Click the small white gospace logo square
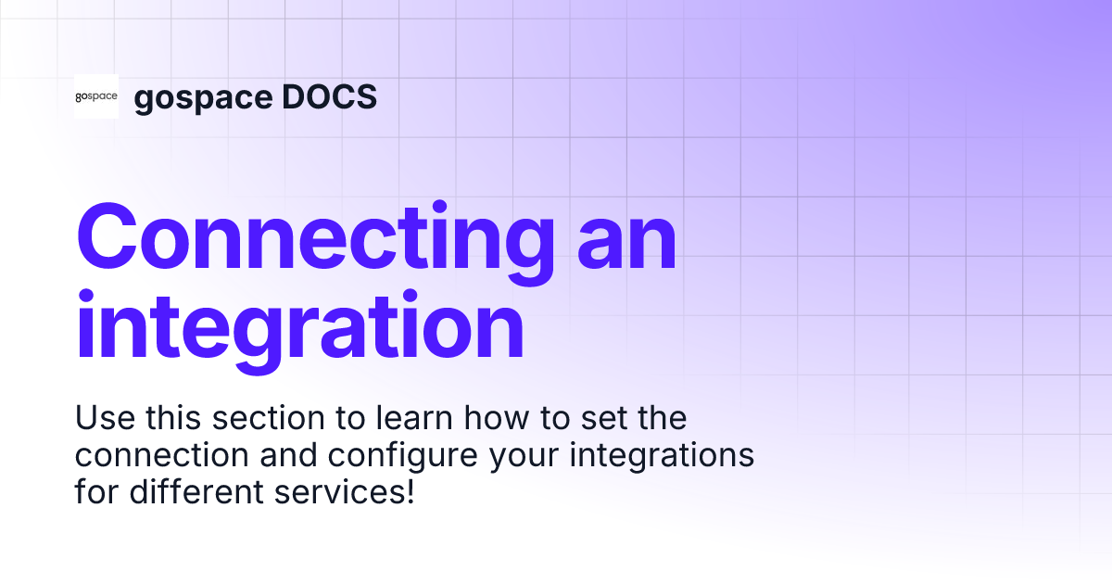96,96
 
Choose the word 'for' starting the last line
95,492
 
